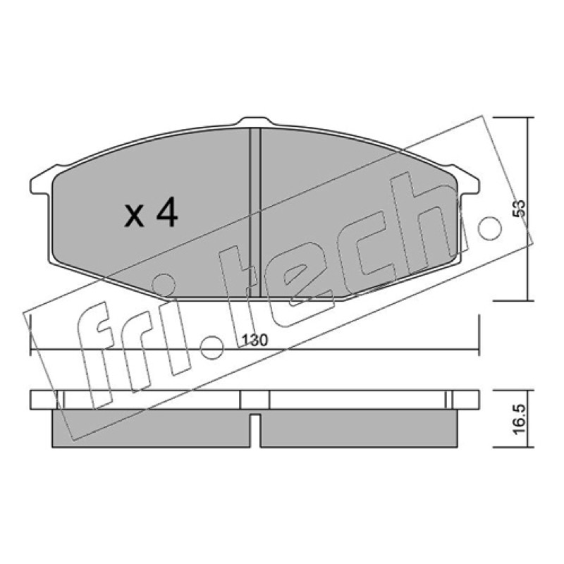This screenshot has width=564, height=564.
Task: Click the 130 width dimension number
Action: tap(255, 341)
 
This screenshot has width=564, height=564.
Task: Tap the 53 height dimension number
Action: tap(519, 209)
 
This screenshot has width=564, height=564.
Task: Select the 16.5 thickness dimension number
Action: tap(519, 419)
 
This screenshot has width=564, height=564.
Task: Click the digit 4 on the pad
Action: tap(166, 212)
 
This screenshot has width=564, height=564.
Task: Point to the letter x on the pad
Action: tap(134, 216)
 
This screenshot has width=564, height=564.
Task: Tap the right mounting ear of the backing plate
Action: tap(467, 184)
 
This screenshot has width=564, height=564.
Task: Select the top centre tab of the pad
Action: tap(255, 121)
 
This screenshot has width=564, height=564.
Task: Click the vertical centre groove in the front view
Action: tap(255, 213)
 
